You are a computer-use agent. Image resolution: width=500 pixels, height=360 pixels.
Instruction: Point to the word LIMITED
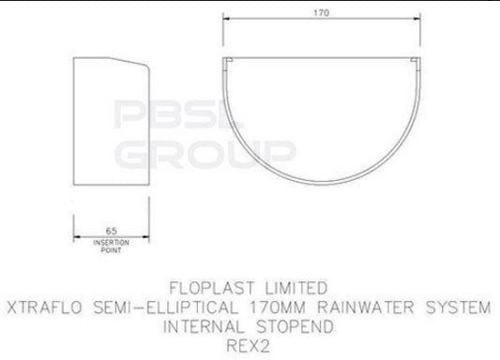pyautogui.click(x=291, y=287)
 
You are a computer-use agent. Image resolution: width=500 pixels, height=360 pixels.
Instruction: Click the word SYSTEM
pyautogui.click(x=457, y=307)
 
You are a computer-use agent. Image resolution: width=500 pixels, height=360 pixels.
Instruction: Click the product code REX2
pyautogui.click(x=250, y=346)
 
